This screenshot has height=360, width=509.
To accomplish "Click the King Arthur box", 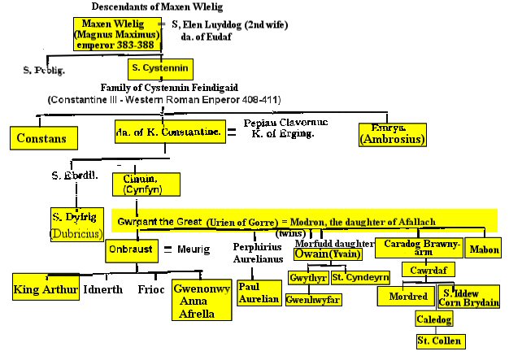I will [46, 288].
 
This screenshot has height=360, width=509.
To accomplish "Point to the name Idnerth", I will [103, 289].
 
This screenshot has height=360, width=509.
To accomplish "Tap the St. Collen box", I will [439, 340].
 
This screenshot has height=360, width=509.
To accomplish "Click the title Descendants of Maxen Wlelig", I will [144, 7].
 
